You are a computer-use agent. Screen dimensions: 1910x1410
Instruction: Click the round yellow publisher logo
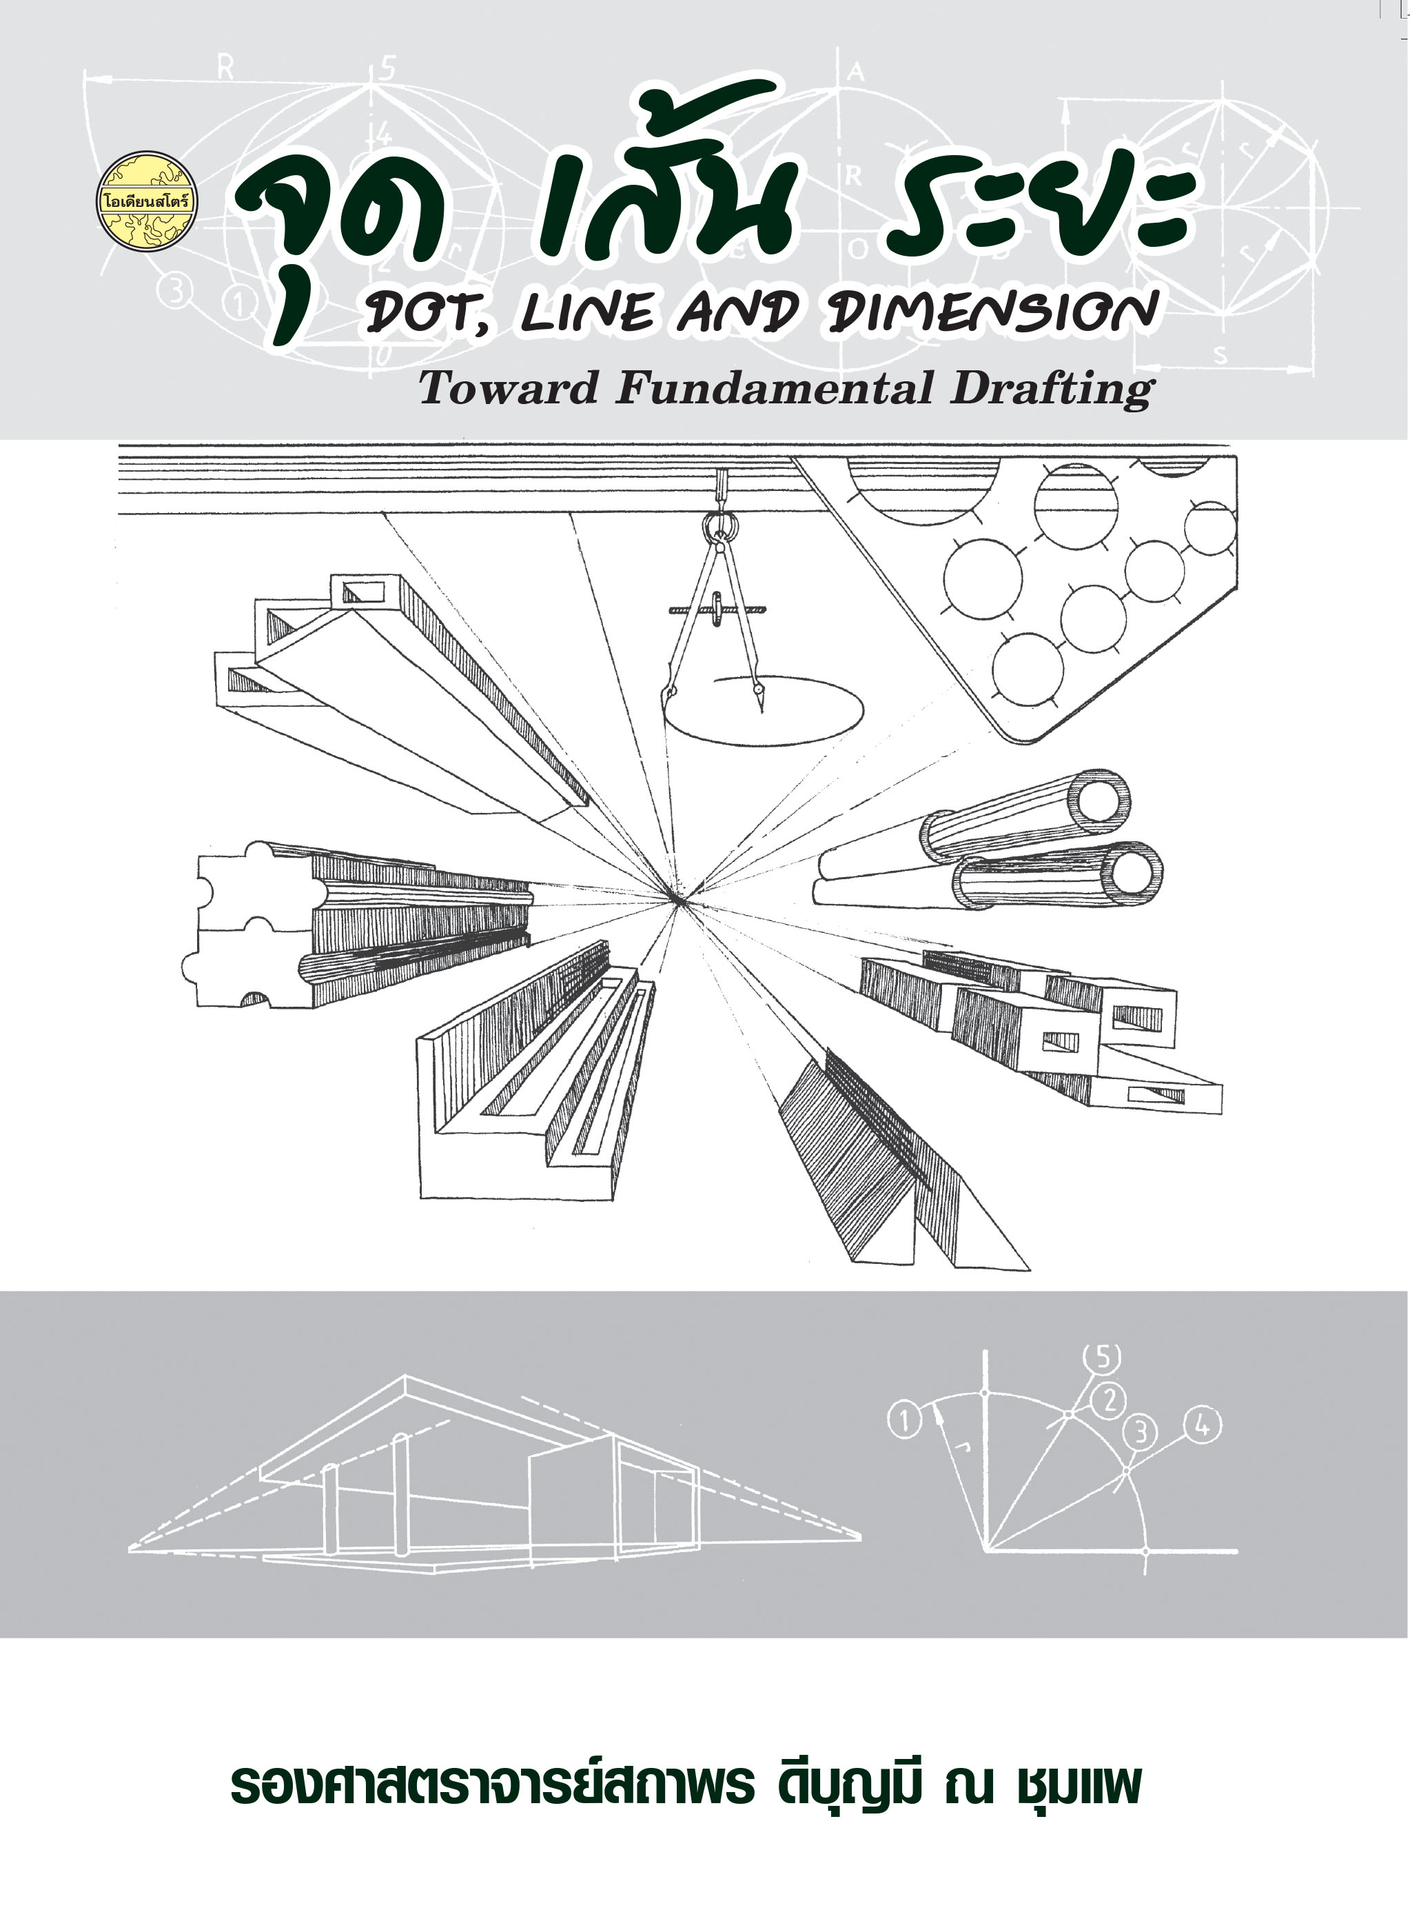[x=147, y=201]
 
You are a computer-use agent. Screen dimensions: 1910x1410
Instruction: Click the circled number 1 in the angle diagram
[x=905, y=1422]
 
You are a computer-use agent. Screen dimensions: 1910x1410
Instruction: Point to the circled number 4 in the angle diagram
[x=1203, y=1425]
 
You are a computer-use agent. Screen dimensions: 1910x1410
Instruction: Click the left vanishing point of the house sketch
[x=130, y=1548]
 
